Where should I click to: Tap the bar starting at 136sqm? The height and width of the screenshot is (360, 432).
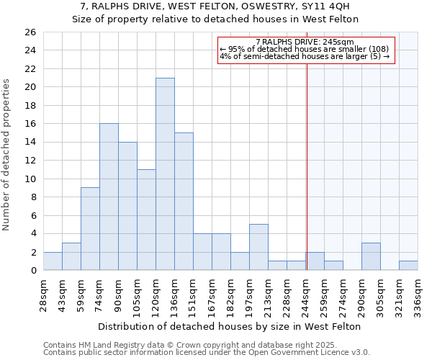184,201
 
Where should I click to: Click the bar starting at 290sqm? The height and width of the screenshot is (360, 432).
371,256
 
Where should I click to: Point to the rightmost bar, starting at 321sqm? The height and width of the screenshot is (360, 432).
408,265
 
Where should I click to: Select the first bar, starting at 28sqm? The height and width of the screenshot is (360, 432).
53,261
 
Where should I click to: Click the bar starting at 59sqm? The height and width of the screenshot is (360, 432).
90,228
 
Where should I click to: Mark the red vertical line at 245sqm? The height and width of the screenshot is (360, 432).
307,158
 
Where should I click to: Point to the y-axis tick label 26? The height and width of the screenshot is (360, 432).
30,32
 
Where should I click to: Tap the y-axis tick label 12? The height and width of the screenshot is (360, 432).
30,161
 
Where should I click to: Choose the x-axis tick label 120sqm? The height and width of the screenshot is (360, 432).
156,294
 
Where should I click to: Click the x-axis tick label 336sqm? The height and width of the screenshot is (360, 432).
418,294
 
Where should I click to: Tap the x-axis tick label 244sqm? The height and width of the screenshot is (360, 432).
305,294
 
